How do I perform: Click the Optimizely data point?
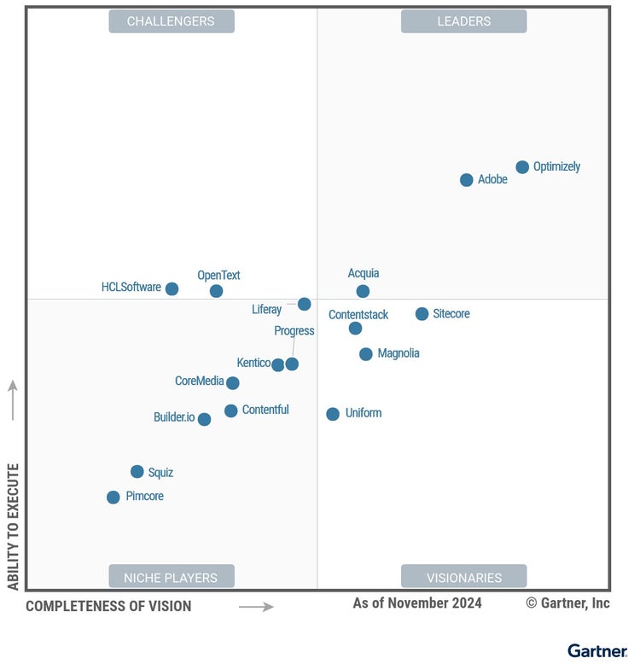coord(522,167)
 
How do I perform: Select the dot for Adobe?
coord(467,180)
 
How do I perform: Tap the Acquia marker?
coord(363,291)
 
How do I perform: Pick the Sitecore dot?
coord(422,314)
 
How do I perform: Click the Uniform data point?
coord(333,414)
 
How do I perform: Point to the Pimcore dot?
coord(113,497)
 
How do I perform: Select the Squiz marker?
coord(137,472)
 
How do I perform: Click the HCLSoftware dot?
coord(172,288)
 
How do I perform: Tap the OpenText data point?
coord(217,291)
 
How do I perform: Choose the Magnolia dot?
coord(366,354)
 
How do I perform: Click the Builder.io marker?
coord(204,419)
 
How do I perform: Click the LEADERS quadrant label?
coord(463,21)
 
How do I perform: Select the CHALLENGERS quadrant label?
coord(171,21)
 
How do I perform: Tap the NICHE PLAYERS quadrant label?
coord(171,577)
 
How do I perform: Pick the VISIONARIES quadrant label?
coord(463,577)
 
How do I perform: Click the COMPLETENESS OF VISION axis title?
coord(108,607)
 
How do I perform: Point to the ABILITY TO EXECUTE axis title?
coord(14,527)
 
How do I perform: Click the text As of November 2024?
coord(417,603)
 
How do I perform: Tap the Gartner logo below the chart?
coord(596,651)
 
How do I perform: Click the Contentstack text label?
coord(358,315)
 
